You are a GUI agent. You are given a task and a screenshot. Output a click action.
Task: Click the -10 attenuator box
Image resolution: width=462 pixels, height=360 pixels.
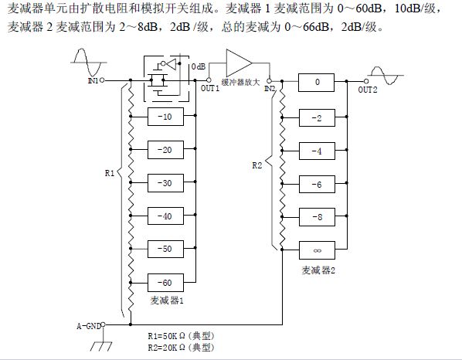pyautogui.click(x=165, y=117)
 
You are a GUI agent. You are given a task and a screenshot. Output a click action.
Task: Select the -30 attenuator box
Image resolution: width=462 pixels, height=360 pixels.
pyautogui.click(x=165, y=183)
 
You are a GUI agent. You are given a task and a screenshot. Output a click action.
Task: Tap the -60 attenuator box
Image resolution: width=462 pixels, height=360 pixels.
pyautogui.click(x=165, y=283)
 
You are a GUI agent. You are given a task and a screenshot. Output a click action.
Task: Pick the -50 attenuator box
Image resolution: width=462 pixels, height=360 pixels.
pyautogui.click(x=165, y=249)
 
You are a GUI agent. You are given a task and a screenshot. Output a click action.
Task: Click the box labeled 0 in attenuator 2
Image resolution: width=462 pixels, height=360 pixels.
pyautogui.click(x=316, y=83)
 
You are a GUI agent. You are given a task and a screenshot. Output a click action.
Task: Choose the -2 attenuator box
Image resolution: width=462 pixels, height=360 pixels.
pyautogui.click(x=317, y=118)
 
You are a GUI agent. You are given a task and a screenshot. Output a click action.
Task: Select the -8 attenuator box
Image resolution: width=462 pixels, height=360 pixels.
pyautogui.click(x=317, y=217)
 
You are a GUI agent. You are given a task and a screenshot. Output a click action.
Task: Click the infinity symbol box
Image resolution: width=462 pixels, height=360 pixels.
pyautogui.click(x=317, y=250)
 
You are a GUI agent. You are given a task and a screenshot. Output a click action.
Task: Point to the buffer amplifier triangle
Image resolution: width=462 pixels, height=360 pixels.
pyautogui.click(x=239, y=63)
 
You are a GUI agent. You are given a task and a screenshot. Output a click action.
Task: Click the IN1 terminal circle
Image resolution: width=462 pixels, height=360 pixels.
pyautogui.click(x=102, y=80)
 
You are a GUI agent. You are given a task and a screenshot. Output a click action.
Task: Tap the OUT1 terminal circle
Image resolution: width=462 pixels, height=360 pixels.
pyautogui.click(x=209, y=80)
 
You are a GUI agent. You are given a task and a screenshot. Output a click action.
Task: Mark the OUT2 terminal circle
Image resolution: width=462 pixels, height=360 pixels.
pyautogui.click(x=366, y=81)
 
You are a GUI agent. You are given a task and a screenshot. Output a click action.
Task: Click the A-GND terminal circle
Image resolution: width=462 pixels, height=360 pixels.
pyautogui.click(x=103, y=324)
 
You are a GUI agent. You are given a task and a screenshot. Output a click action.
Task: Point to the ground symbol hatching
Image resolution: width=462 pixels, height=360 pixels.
pyautogui.click(x=101, y=346)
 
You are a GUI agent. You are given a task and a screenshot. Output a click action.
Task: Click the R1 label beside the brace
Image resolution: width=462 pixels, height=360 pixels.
pyautogui.click(x=109, y=173)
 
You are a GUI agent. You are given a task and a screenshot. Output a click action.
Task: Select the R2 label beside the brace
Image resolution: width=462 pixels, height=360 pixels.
pyautogui.click(x=257, y=165)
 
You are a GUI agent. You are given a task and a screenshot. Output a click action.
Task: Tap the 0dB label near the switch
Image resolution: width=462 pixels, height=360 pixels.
pyautogui.click(x=199, y=66)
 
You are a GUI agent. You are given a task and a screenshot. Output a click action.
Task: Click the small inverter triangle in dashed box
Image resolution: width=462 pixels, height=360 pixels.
pyautogui.click(x=171, y=63)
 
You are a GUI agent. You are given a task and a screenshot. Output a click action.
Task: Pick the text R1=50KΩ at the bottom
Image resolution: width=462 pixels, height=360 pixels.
pyautogui.click(x=166, y=336)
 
